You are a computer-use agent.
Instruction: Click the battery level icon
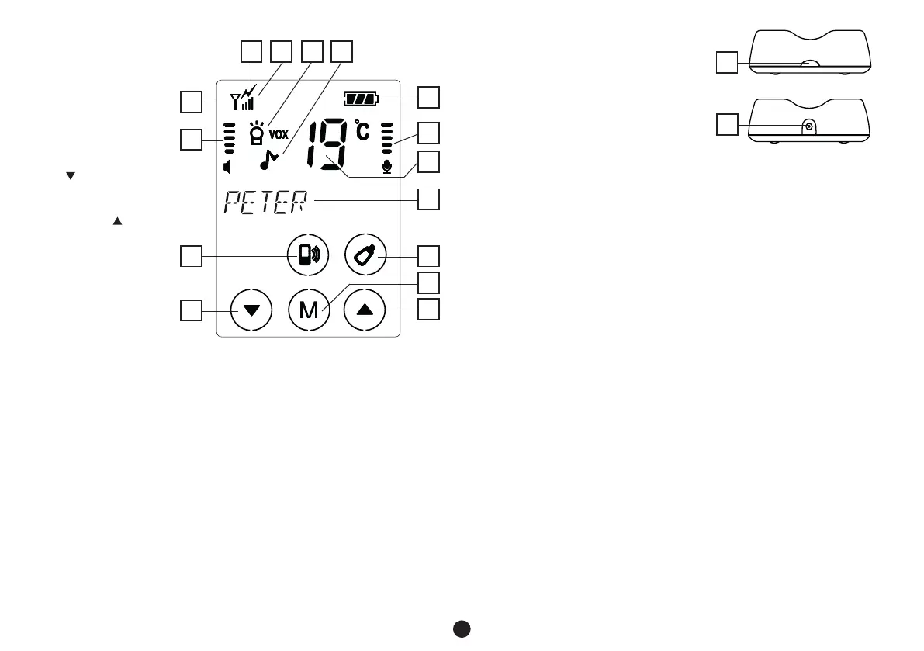362,99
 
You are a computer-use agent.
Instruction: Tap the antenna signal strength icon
244,98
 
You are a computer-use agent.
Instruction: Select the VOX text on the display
279,133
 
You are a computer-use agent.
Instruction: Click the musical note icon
268,160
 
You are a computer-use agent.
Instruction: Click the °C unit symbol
362,130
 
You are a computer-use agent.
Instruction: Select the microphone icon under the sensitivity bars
386,166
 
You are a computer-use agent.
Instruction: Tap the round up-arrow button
365,310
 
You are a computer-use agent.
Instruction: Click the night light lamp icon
257,134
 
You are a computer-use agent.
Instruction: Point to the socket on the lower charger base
809,126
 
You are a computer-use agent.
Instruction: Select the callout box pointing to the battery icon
428,98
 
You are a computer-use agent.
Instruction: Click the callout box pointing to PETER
428,199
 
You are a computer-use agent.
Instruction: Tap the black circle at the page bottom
462,628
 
